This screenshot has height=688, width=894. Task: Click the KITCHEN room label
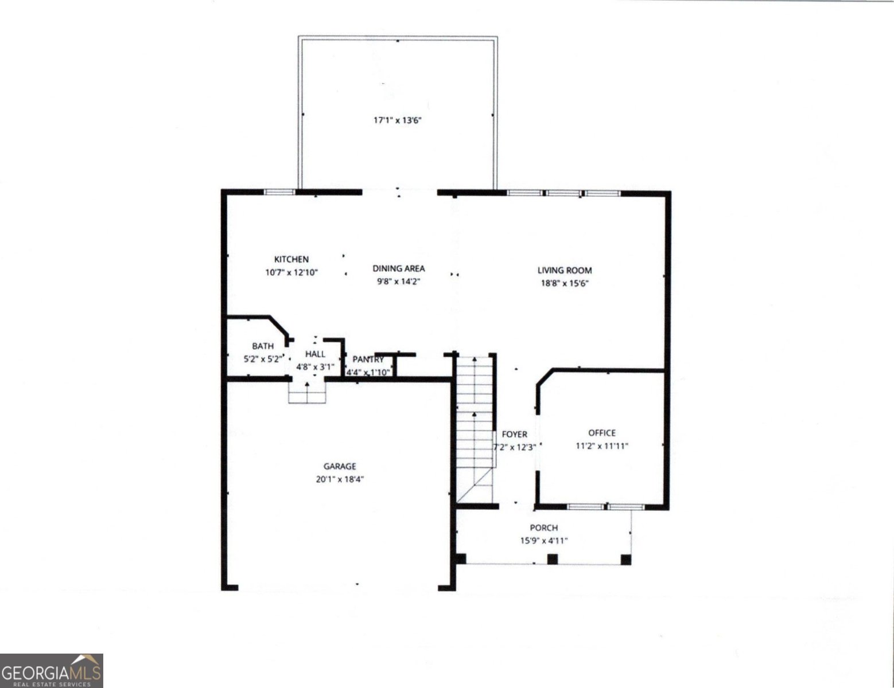coord(291,260)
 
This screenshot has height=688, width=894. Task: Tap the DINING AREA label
coord(399,268)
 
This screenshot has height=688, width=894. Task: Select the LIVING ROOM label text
coord(564,270)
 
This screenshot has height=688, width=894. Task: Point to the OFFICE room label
coord(601,433)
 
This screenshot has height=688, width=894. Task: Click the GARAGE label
coord(340,467)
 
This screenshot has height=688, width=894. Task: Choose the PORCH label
coord(543,527)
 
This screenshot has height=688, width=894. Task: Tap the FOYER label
coord(514,435)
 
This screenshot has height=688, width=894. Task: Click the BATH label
coord(263,346)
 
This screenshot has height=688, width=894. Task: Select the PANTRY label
coord(368,359)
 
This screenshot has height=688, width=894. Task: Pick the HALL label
coord(315,354)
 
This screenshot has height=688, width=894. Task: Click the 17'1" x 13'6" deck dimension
coord(398,120)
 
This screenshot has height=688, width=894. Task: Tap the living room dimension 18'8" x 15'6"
coord(564,283)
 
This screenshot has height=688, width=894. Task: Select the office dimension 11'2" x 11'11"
coord(601,445)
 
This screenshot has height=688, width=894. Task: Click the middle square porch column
coord(553,559)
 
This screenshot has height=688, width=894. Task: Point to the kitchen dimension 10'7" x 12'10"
coord(291,272)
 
